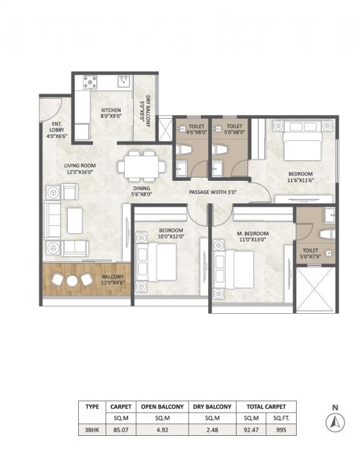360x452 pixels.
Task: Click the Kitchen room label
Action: click(x=111, y=114)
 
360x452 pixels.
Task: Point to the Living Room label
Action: click(x=79, y=169)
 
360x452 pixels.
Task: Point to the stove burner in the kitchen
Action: click(x=90, y=82)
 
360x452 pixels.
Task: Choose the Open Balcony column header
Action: click(x=162, y=407)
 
